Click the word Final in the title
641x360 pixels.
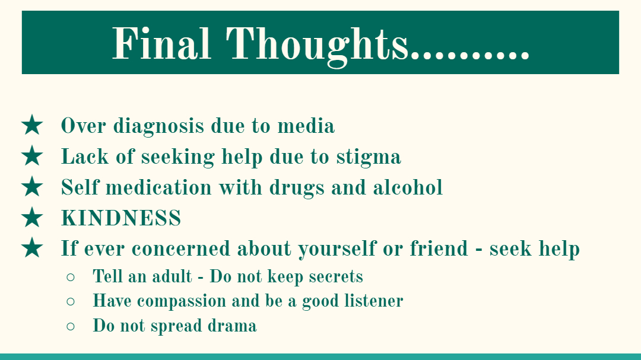pyautogui.click(x=161, y=43)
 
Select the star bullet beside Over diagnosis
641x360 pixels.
pyautogui.click(x=32, y=125)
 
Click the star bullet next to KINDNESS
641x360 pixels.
pyautogui.click(x=32, y=217)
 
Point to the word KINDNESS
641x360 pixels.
pyautogui.click(x=121, y=218)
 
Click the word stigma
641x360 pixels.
pyautogui.click(x=369, y=158)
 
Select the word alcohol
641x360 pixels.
pyautogui.click(x=408, y=187)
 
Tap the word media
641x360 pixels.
pyautogui.click(x=306, y=125)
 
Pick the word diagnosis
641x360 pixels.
pyautogui.click(x=158, y=126)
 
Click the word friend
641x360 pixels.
pyautogui.click(x=439, y=248)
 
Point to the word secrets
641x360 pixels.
pyautogui.click(x=335, y=276)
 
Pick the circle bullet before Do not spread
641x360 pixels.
pyautogui.click(x=70, y=326)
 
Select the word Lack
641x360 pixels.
pyautogui.click(x=85, y=157)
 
